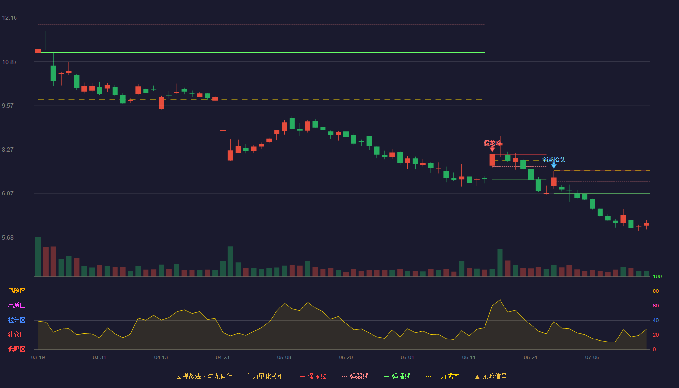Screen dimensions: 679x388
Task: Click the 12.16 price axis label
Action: [x=10, y=18]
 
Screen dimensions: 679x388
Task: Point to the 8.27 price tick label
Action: [x=8, y=150]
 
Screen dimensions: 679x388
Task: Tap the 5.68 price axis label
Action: [x=8, y=238]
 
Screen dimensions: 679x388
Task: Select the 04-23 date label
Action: [x=223, y=358]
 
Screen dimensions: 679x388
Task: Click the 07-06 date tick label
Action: [x=592, y=358]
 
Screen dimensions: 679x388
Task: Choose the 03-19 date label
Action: [x=38, y=358]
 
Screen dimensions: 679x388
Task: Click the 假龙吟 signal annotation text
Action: [x=493, y=143]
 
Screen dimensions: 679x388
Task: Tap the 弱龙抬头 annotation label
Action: [x=553, y=160]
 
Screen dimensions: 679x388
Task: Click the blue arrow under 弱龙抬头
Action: [x=554, y=165]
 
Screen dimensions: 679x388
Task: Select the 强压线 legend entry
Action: [x=313, y=376]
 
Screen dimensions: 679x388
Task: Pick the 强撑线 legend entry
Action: [x=397, y=376]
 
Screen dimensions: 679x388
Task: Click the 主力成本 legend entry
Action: [x=442, y=376]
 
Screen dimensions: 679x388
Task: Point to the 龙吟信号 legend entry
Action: [x=491, y=376]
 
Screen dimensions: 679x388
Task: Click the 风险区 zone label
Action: [x=16, y=291]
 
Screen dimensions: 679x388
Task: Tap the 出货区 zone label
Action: [x=16, y=305]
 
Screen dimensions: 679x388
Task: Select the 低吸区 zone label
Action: [x=16, y=349]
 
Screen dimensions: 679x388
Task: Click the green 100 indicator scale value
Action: [x=657, y=276]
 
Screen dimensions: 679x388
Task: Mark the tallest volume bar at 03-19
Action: [x=38, y=257]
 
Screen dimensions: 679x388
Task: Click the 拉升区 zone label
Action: [x=16, y=320]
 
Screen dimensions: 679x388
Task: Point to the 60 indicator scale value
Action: [x=656, y=306]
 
